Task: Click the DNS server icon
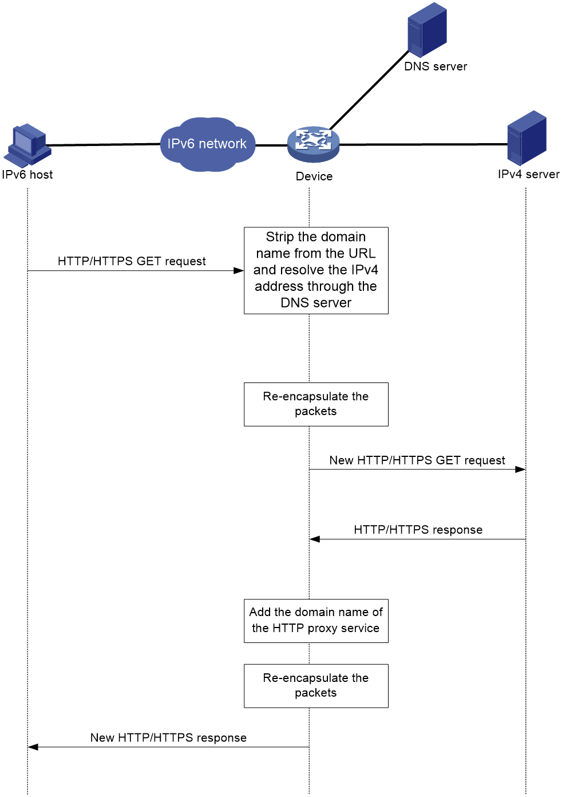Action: (427, 30)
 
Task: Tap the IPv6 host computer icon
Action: (27, 145)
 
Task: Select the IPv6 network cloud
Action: (207, 144)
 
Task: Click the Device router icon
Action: (314, 144)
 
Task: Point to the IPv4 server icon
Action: (527, 138)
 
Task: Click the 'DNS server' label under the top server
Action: (436, 66)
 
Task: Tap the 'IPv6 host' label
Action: (27, 175)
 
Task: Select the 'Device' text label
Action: (314, 176)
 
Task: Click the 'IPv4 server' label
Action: (529, 174)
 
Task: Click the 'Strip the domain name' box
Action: (316, 270)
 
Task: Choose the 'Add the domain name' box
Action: (316, 621)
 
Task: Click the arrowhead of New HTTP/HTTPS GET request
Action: (520, 469)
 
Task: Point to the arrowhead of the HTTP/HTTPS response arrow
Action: (314, 539)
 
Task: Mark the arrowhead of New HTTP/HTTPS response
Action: (33, 747)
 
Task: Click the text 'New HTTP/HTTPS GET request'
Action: (417, 460)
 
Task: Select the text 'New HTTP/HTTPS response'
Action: (168, 737)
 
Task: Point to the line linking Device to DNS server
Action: (369, 90)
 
